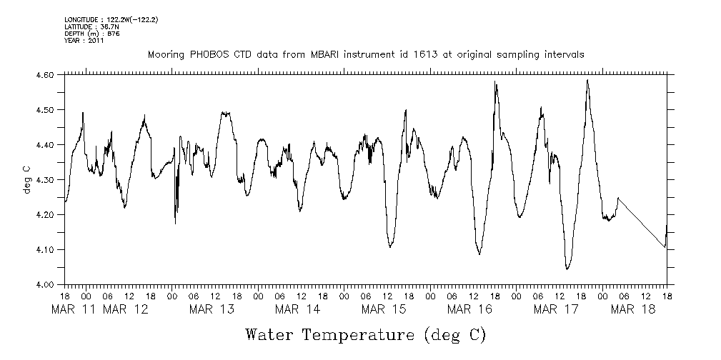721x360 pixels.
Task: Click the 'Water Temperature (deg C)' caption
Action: click(x=365, y=334)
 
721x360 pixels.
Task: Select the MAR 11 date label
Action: click(x=75, y=309)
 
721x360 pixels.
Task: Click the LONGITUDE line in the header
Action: click(x=111, y=19)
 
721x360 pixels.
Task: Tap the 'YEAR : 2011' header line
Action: click(x=84, y=41)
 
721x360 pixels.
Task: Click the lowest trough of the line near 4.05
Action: click(x=567, y=269)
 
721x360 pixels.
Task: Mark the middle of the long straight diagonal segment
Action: click(x=642, y=222)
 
